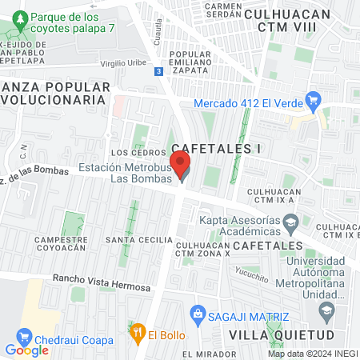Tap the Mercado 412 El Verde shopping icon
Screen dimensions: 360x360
click(314, 101)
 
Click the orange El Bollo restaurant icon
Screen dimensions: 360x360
click(138, 328)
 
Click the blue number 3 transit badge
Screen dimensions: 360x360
click(159, 71)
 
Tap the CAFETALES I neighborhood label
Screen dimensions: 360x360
click(217, 148)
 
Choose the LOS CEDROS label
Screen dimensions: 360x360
click(130, 153)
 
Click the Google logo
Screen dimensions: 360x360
click(26, 350)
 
